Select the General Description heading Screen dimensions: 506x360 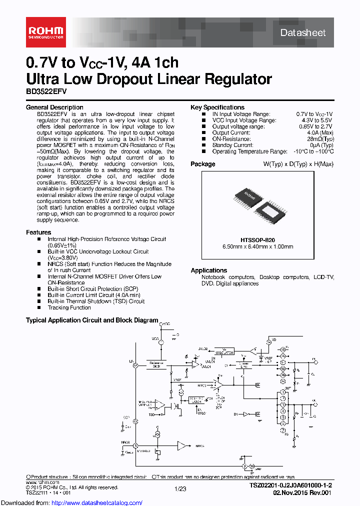click(54, 107)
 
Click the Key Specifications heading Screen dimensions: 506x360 click(217, 107)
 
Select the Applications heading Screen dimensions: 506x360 click(208, 270)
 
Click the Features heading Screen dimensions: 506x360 click(38, 232)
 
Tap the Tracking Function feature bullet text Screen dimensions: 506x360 click(69, 307)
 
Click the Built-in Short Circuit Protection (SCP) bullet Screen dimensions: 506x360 click(92, 289)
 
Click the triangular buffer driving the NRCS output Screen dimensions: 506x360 click(183, 445)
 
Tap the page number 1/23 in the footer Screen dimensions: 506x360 click(180, 488)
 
